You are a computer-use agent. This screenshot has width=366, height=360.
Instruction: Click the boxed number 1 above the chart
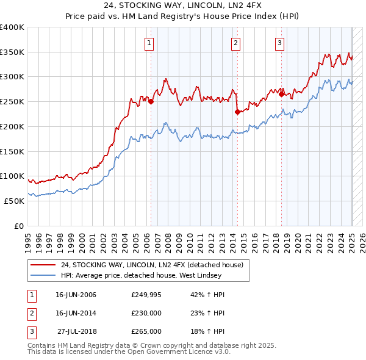point(149,43)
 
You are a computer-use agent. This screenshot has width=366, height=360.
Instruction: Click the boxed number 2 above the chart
point(236,43)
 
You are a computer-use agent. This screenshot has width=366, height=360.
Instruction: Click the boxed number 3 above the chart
point(279,43)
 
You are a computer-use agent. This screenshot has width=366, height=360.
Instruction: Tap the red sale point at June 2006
point(151,102)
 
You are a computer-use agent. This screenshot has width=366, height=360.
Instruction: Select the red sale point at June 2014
point(237,112)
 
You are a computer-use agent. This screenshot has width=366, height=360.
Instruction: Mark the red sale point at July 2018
point(281,94)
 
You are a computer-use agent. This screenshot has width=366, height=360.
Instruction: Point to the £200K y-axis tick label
point(12,126)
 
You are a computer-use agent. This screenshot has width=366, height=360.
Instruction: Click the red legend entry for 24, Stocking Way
point(152,265)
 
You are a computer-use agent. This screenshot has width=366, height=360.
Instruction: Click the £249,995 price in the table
point(146,295)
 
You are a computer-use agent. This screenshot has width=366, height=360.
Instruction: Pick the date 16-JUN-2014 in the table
point(76,313)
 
